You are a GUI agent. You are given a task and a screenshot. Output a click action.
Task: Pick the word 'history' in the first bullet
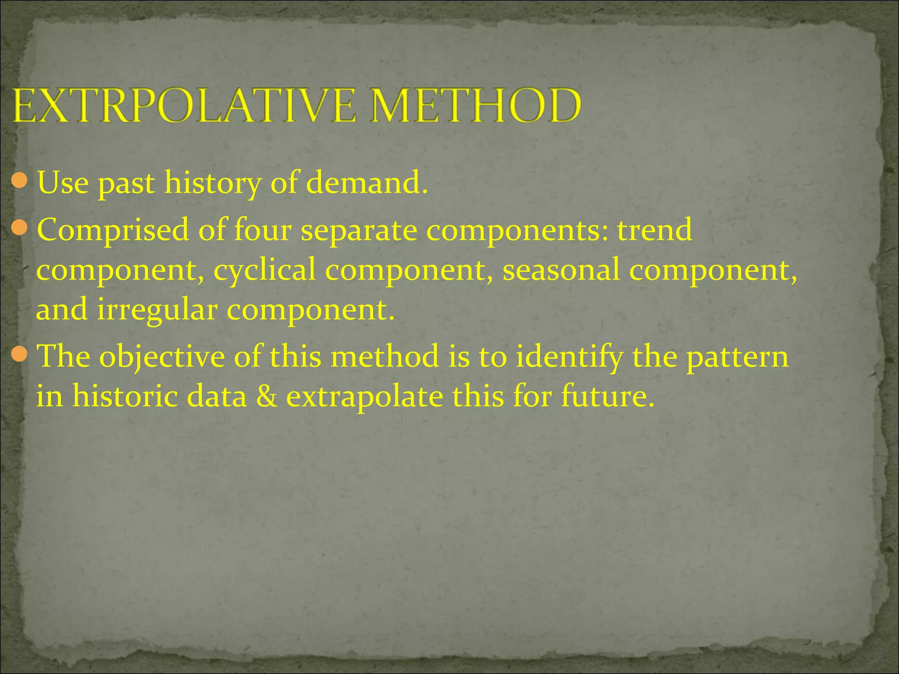212,183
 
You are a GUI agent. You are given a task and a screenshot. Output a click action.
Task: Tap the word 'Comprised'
113,230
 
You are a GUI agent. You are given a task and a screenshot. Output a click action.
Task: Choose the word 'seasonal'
561,269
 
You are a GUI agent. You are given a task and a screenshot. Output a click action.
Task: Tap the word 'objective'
162,357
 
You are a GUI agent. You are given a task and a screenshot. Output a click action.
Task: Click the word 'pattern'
737,356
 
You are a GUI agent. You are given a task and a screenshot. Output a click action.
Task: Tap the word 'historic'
125,396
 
